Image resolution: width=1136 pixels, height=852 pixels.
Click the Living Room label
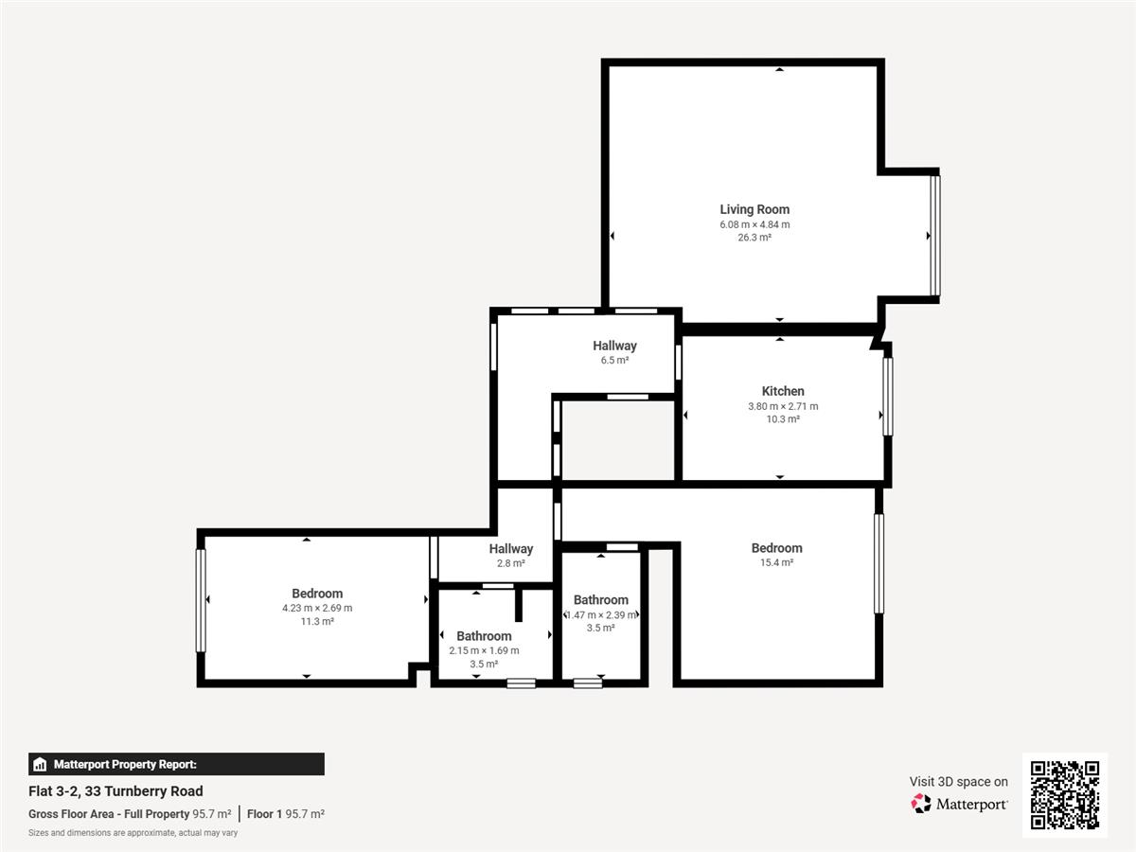click(754, 209)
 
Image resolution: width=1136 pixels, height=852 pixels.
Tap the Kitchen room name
click(783, 391)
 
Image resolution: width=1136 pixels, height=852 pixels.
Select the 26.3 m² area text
click(754, 238)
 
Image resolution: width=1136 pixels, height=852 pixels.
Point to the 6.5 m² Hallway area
click(614, 360)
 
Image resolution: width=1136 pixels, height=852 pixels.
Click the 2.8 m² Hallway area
click(511, 563)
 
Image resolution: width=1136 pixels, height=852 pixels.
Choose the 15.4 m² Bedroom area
click(776, 562)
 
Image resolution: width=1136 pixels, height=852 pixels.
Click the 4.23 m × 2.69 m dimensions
click(317, 608)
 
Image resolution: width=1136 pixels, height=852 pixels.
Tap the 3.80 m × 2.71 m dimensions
click(783, 406)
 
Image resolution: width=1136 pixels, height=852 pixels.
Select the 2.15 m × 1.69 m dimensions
click(484, 650)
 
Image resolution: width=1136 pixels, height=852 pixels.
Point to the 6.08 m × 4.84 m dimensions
click(754, 224)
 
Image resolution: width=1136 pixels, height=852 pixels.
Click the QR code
click(1065, 794)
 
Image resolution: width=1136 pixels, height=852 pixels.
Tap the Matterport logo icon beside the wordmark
click(921, 804)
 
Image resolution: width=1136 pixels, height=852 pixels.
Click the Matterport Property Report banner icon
click(40, 764)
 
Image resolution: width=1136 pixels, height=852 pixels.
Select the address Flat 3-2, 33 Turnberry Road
click(115, 791)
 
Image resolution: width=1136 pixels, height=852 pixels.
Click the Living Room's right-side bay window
click(934, 236)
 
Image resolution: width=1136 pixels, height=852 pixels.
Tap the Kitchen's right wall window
click(888, 397)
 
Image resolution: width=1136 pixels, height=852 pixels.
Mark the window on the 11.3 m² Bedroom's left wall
click(201, 600)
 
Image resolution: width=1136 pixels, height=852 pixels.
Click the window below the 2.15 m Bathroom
click(522, 683)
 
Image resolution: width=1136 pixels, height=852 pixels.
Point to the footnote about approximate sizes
click(133, 833)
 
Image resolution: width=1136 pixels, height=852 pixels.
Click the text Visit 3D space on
click(958, 782)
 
